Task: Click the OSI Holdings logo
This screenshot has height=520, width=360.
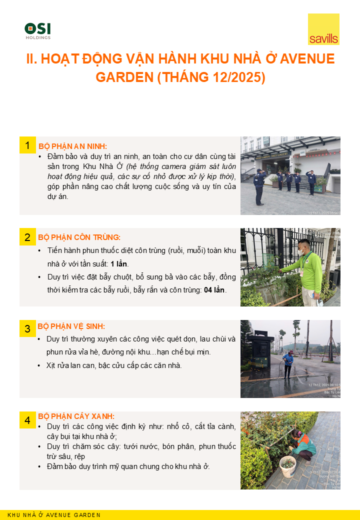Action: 37,31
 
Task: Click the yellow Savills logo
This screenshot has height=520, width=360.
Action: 323,30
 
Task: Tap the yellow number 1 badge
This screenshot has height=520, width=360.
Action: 27,145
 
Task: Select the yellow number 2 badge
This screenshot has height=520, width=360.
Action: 27,237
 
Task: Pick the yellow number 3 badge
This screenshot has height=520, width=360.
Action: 27,328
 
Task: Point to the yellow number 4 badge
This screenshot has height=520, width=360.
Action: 27,420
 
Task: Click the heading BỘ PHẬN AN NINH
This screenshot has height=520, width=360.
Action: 72,146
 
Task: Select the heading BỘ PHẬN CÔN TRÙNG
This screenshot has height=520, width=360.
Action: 79,237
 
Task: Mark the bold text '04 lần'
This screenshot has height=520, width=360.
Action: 215,290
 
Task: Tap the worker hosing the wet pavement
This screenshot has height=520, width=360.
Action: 288,363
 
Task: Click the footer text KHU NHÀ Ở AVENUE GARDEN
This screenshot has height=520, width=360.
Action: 54,515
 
